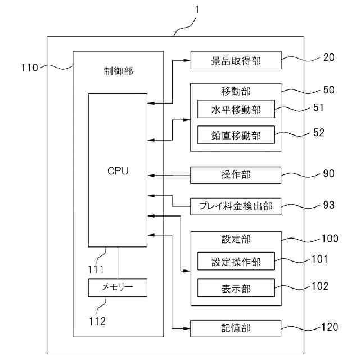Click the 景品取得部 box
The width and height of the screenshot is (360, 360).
(x=236, y=60)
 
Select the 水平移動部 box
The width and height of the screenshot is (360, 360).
(x=236, y=109)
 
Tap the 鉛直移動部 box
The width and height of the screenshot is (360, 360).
(x=236, y=135)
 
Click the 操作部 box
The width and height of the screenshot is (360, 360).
(x=236, y=175)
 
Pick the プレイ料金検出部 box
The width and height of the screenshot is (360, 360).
(x=236, y=206)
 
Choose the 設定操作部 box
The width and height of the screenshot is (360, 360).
(x=236, y=262)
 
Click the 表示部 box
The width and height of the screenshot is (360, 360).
(x=236, y=288)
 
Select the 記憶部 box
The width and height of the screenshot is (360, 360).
(x=236, y=328)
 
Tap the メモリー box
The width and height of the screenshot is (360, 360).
(x=118, y=287)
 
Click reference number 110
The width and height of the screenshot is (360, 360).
(x=29, y=68)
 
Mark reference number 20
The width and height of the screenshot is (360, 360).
(x=328, y=57)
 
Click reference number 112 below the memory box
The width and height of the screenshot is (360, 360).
(x=96, y=321)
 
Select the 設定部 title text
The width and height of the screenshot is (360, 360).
(x=236, y=239)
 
